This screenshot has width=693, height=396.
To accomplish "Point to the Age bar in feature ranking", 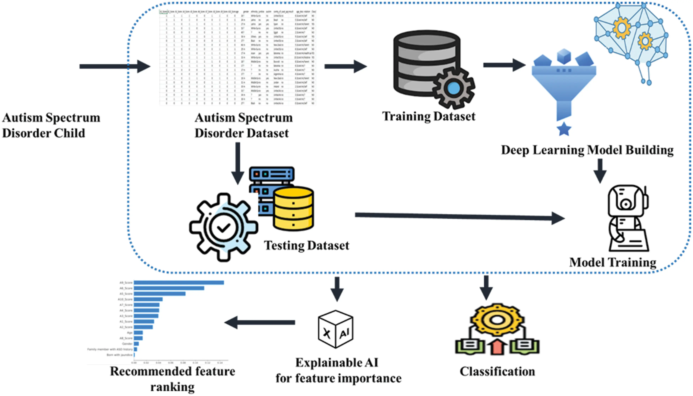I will click(138, 332).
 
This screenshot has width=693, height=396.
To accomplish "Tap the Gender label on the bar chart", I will click(127, 344).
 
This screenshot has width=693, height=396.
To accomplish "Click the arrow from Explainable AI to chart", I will click(260, 322).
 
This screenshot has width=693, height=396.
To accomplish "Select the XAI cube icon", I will click(335, 329).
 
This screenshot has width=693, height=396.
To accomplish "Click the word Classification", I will click(497, 371).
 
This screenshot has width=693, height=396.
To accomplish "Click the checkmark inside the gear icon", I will click(224, 227).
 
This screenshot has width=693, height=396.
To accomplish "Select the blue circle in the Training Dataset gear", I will click(453, 88).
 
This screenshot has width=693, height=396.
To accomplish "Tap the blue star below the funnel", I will click(564, 129).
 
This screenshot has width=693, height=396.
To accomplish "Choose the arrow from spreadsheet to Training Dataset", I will click(345, 66).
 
